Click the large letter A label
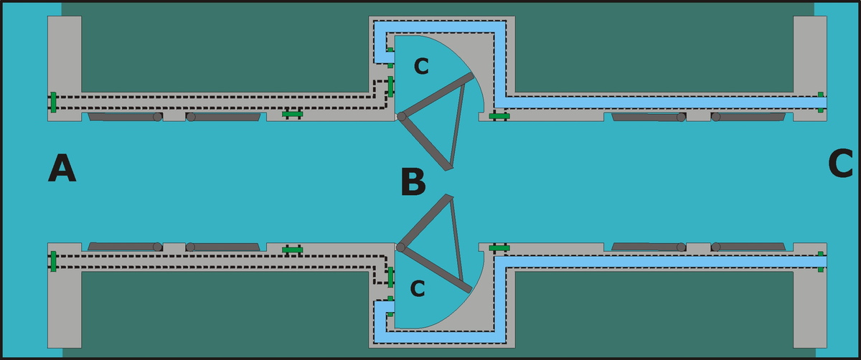pos(62,170)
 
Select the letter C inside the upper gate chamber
pos(421,67)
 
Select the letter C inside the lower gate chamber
pos(417,289)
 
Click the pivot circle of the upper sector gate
pos(402,116)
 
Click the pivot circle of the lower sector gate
pos(401,247)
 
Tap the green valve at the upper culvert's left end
pos(54,103)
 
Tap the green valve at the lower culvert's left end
pos(54,261)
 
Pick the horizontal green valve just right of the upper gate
pos(499,115)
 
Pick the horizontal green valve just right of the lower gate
pos(499,247)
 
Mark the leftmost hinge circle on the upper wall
pos(157,117)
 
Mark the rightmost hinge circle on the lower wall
pos(715,247)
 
